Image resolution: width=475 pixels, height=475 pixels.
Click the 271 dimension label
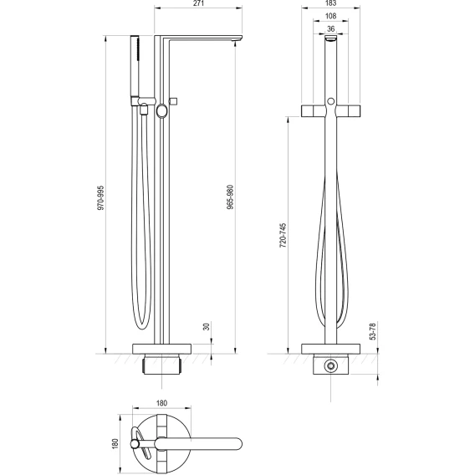click(198, 3)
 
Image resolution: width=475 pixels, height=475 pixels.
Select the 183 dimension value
click(331, 3)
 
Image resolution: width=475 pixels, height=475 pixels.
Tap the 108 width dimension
click(330, 16)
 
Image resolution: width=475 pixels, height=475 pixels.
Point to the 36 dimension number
click(331, 28)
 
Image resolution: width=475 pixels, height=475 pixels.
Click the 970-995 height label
click(100, 198)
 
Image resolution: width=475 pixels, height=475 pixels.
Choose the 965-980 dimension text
click(231, 197)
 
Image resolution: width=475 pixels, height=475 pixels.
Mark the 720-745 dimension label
click(283, 236)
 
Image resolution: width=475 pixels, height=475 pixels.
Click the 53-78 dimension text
click(373, 331)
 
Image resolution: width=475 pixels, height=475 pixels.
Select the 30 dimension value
click(207, 327)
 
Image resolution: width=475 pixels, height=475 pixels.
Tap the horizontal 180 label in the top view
click(161, 403)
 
